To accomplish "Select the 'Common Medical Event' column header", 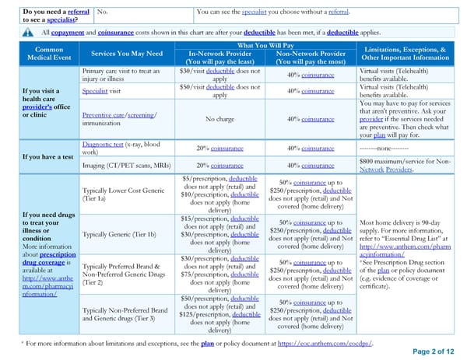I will point(49,53).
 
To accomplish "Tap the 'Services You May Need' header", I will point(127,53).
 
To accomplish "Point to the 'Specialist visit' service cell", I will point(106,90).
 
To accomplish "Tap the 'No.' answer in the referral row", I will point(103,12).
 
